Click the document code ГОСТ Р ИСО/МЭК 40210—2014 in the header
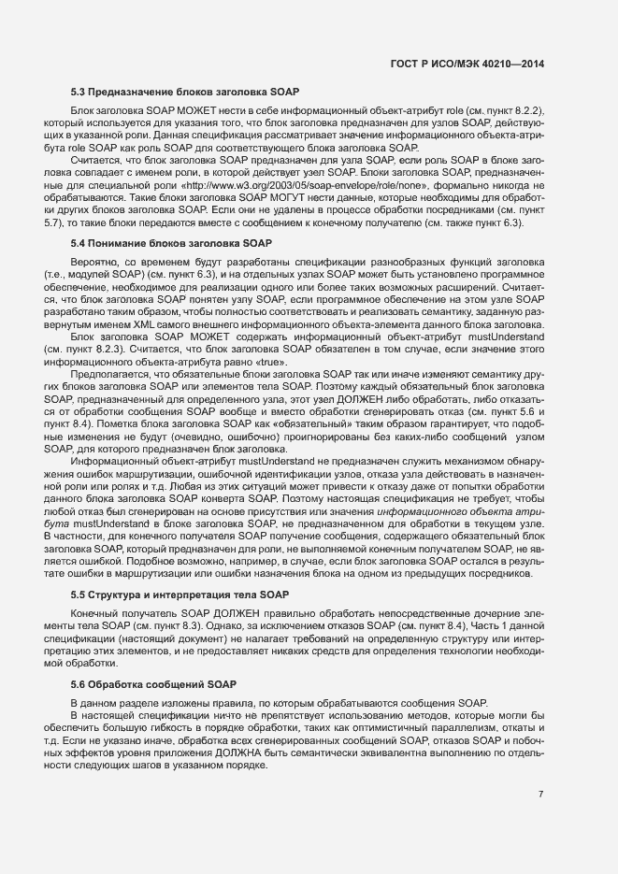(466, 64)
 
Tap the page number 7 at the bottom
(540, 795)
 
